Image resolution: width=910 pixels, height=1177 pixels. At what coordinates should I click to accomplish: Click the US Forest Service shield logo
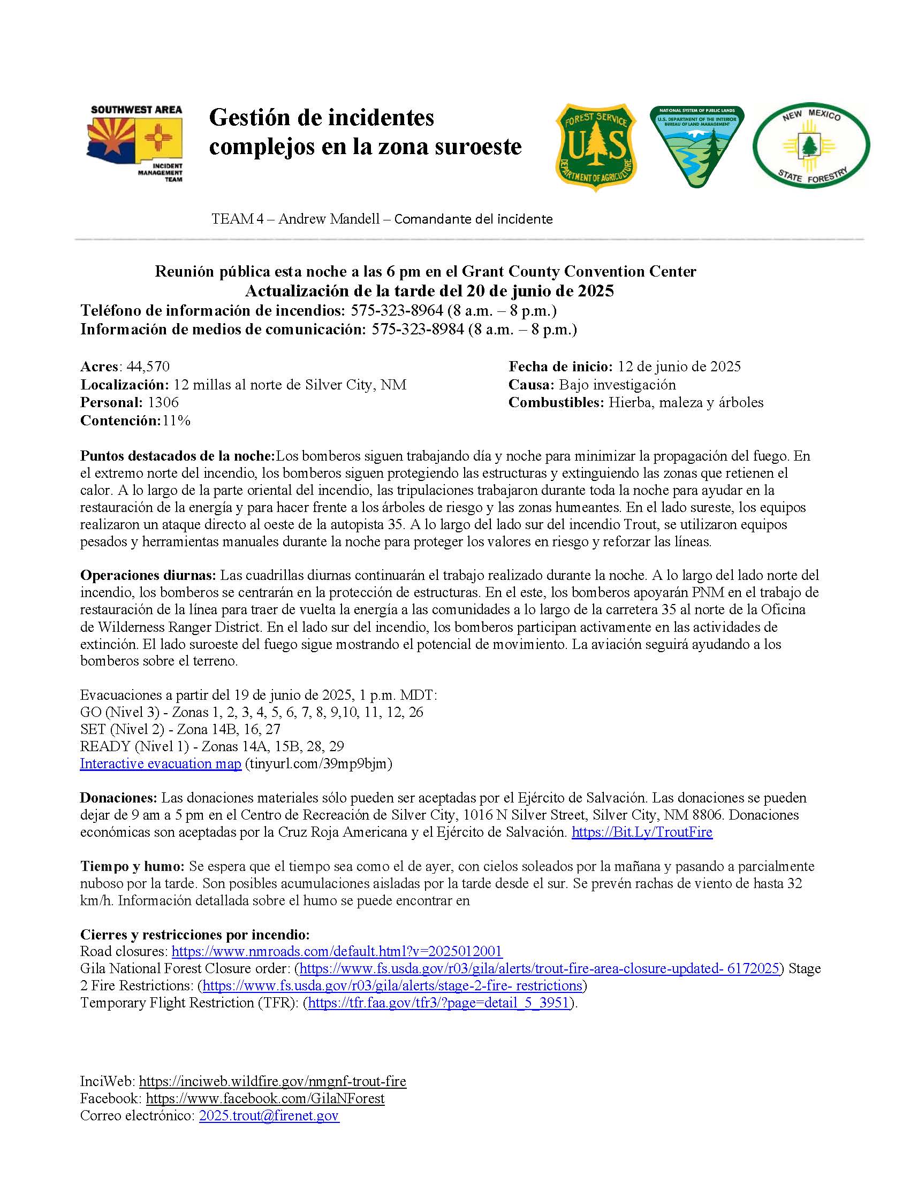point(596,147)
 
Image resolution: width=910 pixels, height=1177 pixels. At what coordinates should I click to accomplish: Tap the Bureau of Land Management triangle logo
point(696,147)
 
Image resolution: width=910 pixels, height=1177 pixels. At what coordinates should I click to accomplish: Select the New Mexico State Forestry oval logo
point(811,146)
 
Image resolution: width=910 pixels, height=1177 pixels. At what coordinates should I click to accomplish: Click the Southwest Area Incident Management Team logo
point(136,144)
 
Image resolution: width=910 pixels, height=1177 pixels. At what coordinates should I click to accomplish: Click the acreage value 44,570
point(148,366)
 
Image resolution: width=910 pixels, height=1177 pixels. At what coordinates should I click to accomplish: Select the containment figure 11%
point(176,421)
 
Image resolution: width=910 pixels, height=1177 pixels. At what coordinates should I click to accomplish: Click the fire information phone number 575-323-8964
point(397,310)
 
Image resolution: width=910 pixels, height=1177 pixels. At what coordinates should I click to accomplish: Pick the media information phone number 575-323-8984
point(418,329)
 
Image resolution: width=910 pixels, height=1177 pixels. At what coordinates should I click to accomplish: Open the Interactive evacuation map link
point(161,763)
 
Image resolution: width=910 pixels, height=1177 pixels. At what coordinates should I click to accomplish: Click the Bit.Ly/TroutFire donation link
point(641,832)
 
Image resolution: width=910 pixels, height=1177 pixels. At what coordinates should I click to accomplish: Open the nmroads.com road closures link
point(337,951)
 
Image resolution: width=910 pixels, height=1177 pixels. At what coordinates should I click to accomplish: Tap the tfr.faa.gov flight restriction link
point(438,1003)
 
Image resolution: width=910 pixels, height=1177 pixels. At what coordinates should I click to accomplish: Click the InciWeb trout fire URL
point(272,1082)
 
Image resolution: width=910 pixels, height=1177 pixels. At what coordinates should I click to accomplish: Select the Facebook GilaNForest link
point(265,1098)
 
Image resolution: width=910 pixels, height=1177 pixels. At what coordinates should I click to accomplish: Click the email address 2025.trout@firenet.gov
point(269,1115)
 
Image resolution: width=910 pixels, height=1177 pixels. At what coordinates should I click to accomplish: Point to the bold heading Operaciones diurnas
point(148,575)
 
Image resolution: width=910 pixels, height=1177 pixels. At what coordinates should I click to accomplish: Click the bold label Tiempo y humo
point(132,867)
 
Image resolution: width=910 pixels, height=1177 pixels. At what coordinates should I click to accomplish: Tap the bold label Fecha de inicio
point(560,366)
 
